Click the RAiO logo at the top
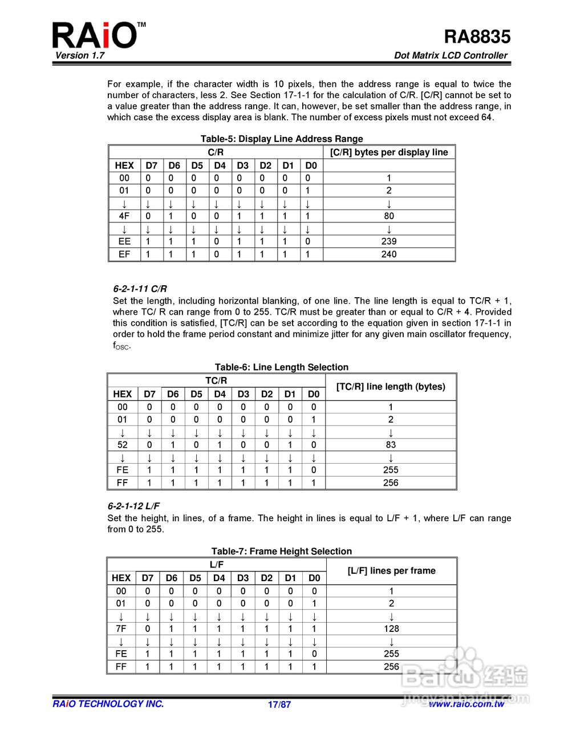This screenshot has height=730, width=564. (95, 35)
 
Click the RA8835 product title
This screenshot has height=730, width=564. (477, 36)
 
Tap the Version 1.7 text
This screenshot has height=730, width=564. (80, 55)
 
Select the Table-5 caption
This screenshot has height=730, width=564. (282, 139)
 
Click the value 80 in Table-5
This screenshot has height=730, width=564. (389, 216)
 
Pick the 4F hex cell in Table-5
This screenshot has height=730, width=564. (124, 216)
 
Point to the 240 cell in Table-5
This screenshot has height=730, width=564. (389, 254)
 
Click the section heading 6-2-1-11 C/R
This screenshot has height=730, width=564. (140, 289)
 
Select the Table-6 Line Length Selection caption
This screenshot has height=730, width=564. (282, 367)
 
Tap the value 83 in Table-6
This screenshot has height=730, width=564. (391, 445)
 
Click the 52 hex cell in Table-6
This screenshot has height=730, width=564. (123, 445)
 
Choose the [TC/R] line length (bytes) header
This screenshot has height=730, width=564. (391, 387)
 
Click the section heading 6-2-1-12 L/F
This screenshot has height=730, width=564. (133, 506)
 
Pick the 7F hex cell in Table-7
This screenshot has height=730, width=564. (121, 628)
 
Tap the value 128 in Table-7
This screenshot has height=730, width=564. (391, 628)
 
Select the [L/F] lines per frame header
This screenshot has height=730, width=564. (391, 571)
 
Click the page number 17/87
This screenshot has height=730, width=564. (279, 704)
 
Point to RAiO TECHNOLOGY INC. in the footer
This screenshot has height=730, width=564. (108, 704)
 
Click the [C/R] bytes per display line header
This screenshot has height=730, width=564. (389, 152)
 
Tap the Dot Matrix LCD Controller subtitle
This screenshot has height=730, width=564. (451, 55)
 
